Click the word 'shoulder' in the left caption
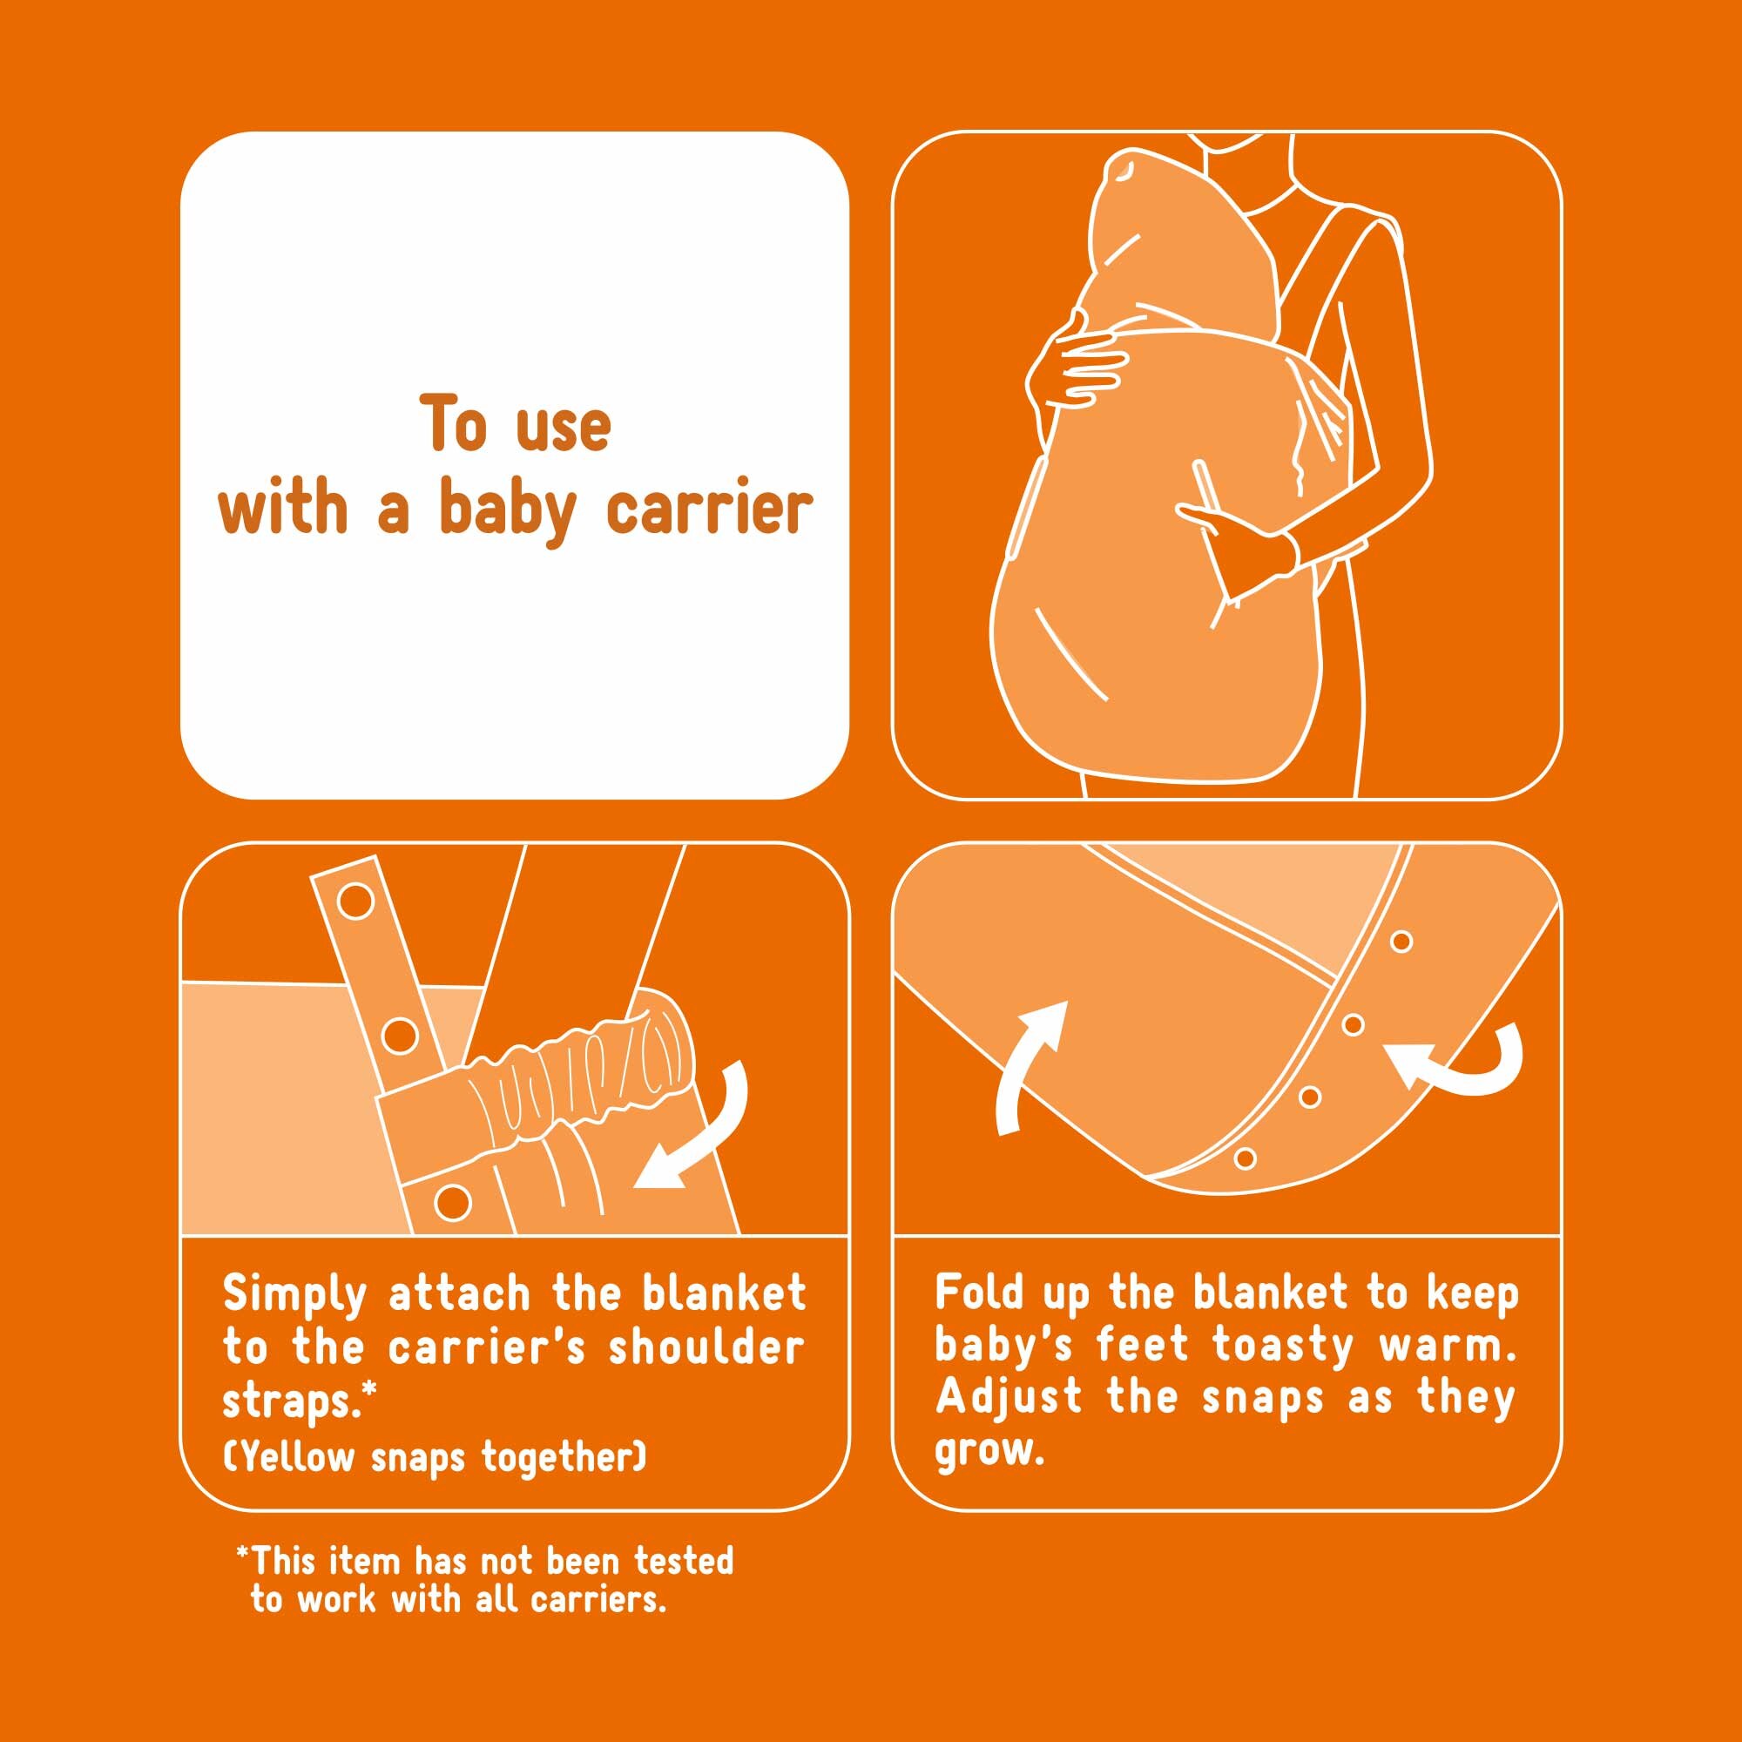(706, 1349)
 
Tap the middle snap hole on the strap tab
(399, 1036)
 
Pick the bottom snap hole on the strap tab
(452, 1201)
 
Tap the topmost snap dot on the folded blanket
(1401, 942)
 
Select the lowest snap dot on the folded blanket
(1246, 1158)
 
